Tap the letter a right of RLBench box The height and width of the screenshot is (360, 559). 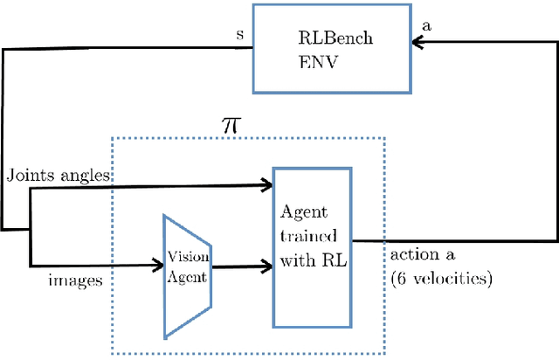pyautogui.click(x=426, y=28)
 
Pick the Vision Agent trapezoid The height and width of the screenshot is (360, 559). pyautogui.click(x=187, y=274)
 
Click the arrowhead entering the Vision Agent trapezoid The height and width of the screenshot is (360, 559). pyautogui.click(x=158, y=264)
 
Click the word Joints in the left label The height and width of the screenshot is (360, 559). pyautogui.click(x=26, y=175)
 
